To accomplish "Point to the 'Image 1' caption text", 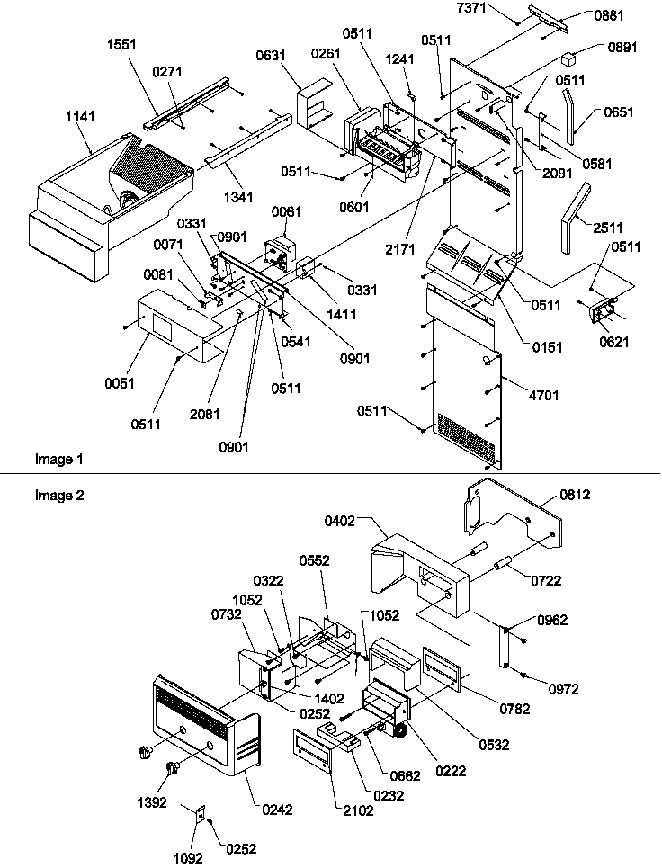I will pyautogui.click(x=59, y=460).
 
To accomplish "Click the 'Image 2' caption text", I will pyautogui.click(x=59, y=495).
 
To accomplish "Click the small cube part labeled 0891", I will pyautogui.click(x=568, y=60).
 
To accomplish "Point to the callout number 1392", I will pyautogui.click(x=153, y=802).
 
